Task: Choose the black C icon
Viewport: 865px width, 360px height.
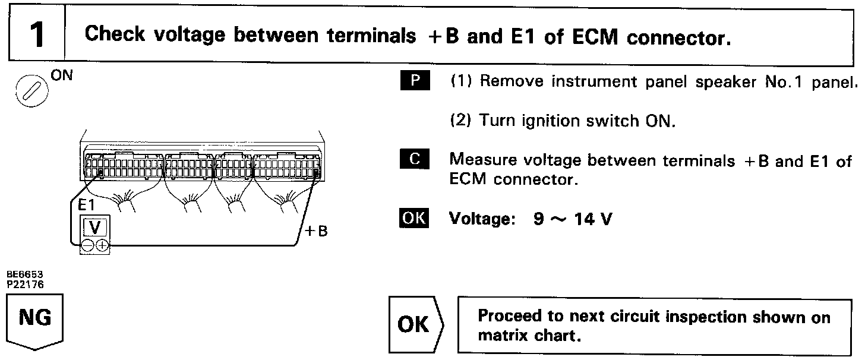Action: coord(414,159)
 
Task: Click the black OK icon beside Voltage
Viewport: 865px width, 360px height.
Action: coord(414,218)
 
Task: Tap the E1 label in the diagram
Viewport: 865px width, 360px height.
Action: coord(87,206)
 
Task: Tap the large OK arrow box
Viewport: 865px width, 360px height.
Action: coord(416,325)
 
